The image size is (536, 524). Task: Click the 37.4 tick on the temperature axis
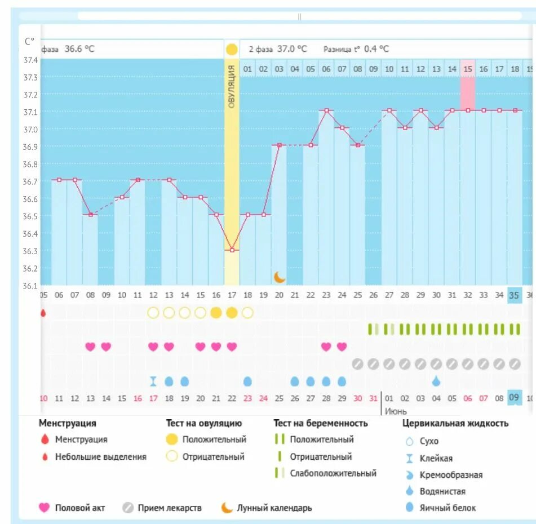click(30, 60)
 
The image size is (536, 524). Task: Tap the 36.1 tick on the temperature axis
click(30, 285)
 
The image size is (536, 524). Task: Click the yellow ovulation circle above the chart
click(232, 49)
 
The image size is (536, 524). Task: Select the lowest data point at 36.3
click(232, 250)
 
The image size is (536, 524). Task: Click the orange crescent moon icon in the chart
click(280, 277)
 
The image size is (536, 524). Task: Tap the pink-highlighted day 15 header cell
click(467, 69)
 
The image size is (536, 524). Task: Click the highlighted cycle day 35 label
click(514, 295)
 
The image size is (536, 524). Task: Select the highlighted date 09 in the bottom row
click(514, 398)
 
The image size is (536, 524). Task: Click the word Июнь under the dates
click(396, 411)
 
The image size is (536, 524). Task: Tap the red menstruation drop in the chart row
click(43, 313)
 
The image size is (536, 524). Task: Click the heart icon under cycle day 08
click(90, 347)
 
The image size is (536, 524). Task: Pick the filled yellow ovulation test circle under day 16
click(216, 313)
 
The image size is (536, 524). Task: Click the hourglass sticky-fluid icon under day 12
click(153, 381)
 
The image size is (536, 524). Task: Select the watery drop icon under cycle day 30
click(436, 381)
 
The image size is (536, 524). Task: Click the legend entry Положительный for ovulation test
click(214, 439)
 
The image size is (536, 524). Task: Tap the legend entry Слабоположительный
click(333, 473)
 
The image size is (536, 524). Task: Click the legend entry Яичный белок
click(447, 508)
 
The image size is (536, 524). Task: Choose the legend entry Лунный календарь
click(274, 508)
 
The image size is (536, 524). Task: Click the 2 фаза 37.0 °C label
click(278, 49)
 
